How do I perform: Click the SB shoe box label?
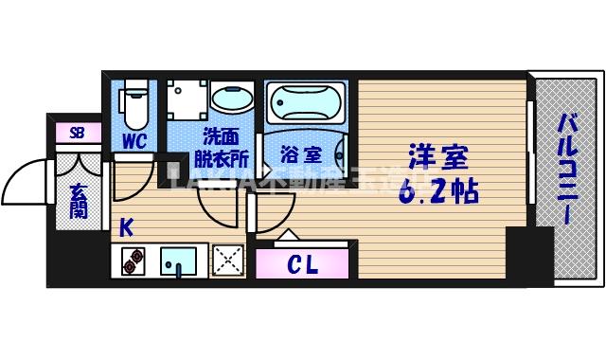click(x=78, y=134)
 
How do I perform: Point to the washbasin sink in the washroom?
click(x=231, y=99)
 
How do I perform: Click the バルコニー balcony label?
click(x=566, y=168)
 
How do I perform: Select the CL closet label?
click(x=302, y=263)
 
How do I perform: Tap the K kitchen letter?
click(x=126, y=227)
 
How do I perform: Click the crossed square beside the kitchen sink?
click(x=227, y=260)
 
